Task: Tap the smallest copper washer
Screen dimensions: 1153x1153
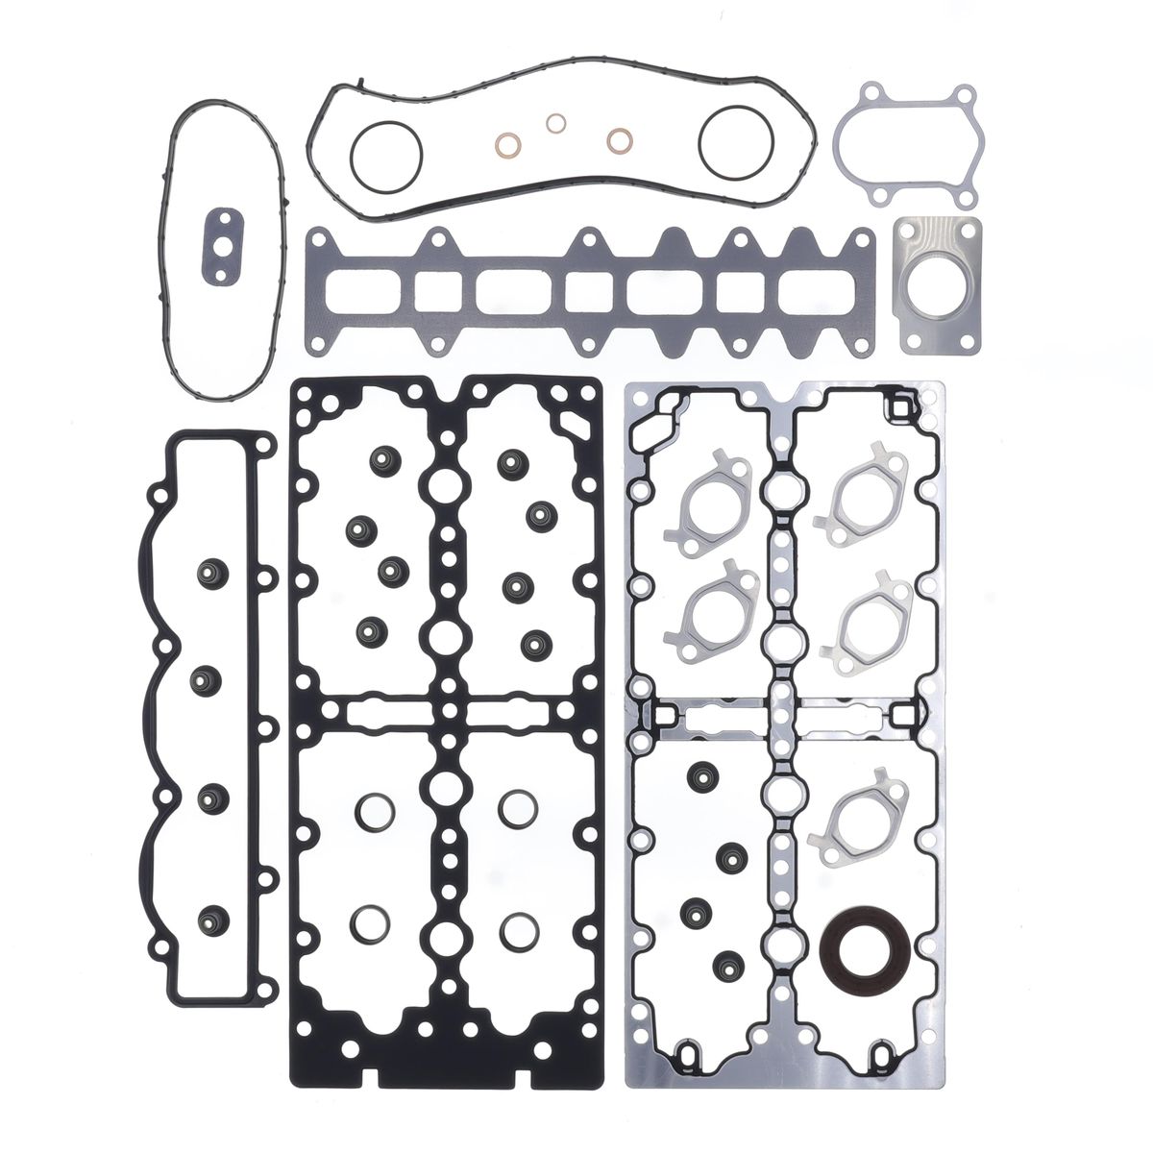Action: point(555,124)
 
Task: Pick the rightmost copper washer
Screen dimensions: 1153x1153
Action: point(620,140)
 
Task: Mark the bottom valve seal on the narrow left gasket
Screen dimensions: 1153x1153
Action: point(207,920)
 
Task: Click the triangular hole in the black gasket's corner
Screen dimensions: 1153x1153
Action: point(575,421)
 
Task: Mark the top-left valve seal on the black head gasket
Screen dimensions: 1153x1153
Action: point(373,463)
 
